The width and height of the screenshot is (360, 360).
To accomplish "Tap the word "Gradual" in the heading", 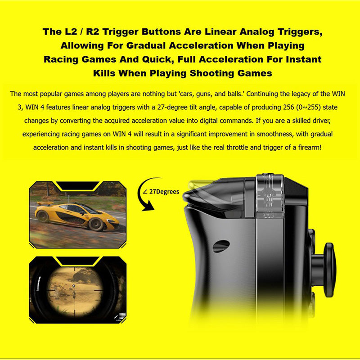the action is pos(146,45).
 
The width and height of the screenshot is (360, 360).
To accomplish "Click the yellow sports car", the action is pos(77,216).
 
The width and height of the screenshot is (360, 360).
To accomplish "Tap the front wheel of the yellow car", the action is pos(96,224).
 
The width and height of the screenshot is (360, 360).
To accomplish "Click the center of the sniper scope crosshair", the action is pos(74,286).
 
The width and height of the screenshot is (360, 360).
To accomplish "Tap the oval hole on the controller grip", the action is pos(221,246).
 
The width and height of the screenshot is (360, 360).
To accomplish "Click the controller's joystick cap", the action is pos(330,270).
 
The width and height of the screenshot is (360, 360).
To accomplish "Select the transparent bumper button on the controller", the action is pos(270,196).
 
